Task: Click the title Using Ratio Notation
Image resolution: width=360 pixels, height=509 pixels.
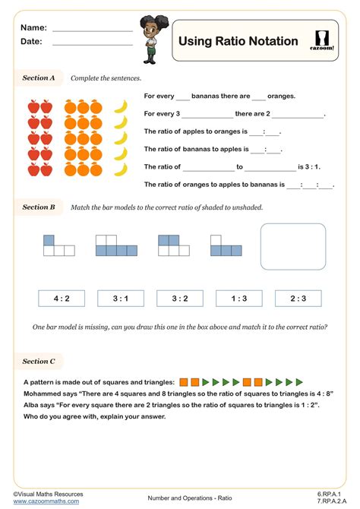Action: point(238,41)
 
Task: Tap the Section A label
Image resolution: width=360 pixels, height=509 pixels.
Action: point(39,77)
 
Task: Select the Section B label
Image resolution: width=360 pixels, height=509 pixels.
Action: point(39,207)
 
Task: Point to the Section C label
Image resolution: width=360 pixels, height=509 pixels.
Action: point(39,362)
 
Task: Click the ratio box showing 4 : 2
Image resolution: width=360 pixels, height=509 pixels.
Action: point(62,299)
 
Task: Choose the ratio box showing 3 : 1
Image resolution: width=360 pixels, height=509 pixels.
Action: point(121,299)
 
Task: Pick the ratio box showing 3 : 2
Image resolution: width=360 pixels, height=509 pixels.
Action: point(180,299)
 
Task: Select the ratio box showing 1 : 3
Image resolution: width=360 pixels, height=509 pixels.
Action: point(239,299)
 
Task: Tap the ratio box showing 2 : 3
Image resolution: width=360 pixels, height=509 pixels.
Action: point(298,299)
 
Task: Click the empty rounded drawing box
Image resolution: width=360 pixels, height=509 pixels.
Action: point(292,247)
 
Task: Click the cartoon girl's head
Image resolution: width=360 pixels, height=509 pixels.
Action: point(149,26)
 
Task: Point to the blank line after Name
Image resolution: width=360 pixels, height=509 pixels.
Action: point(92,30)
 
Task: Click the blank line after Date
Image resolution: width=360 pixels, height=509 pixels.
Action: point(92,44)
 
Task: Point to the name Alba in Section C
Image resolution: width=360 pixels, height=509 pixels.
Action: point(33,406)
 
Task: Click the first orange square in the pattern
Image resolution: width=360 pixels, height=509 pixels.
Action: point(185,381)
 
